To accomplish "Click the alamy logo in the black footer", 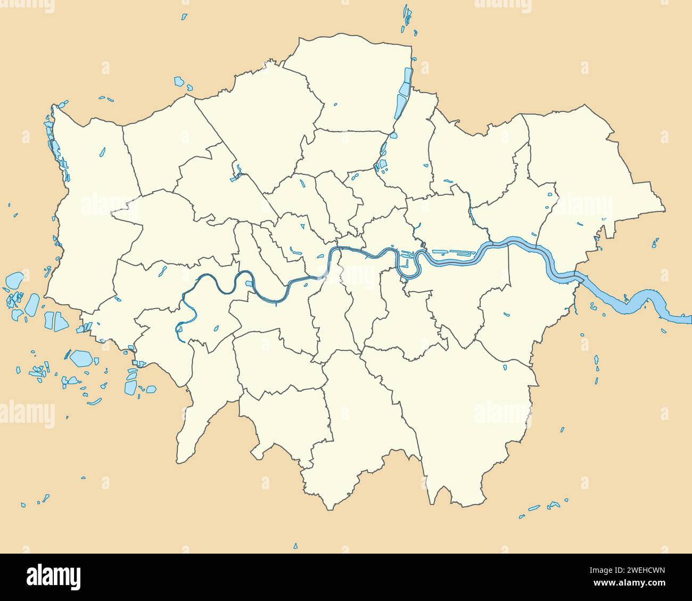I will click(x=53, y=577).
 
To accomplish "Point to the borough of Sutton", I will click(x=287, y=421).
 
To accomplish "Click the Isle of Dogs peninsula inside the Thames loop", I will click(x=408, y=266).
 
